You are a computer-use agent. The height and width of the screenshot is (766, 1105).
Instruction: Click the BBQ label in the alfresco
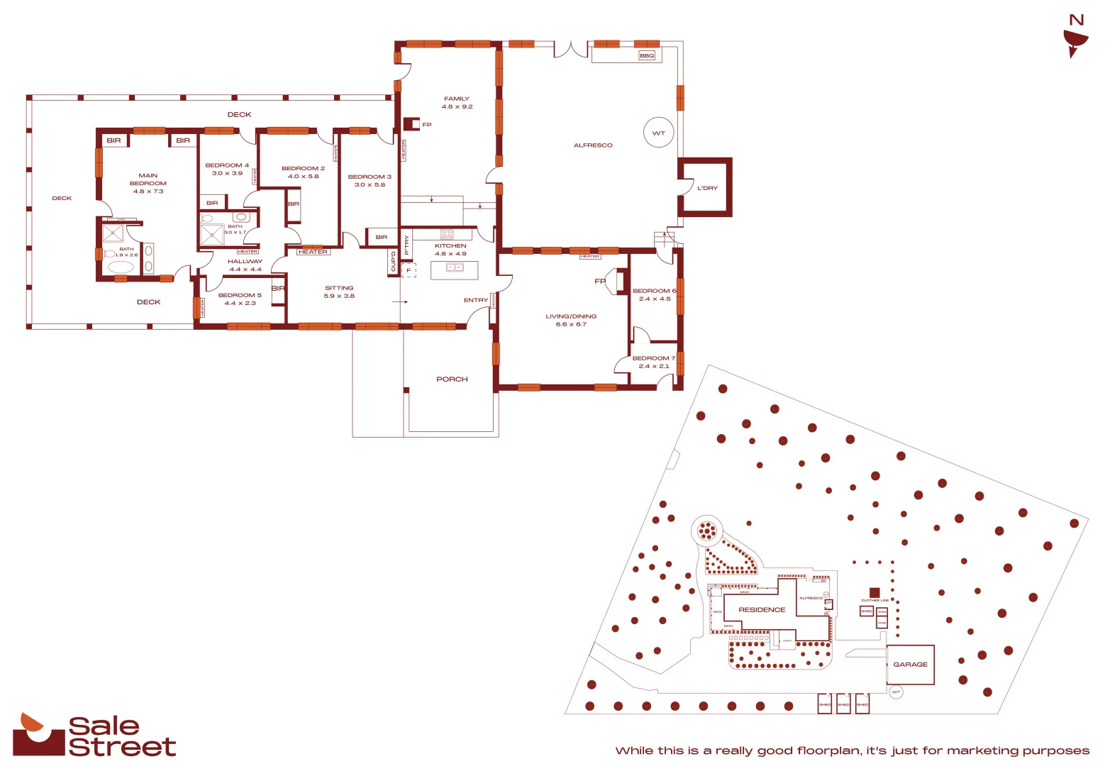coord(647,55)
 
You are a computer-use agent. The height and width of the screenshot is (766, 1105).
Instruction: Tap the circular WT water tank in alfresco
coord(659,133)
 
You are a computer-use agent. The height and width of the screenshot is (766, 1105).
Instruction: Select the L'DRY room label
coord(707,188)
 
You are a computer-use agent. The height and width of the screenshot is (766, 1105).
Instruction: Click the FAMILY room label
coord(457,99)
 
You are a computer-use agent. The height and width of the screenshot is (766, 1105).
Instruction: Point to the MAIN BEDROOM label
coord(148,183)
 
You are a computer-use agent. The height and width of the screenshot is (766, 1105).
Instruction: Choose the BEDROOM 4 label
coord(227,165)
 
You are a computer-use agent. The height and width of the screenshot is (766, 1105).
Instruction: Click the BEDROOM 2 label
coord(303,169)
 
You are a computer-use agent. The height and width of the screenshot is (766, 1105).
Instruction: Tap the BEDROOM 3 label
coord(370,177)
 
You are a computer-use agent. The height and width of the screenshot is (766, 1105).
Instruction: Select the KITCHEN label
coord(450,245)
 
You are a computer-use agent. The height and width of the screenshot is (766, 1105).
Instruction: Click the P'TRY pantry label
coord(406,244)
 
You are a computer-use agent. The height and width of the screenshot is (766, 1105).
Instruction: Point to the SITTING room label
coord(339,288)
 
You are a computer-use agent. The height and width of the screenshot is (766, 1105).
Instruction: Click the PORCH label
coord(452,379)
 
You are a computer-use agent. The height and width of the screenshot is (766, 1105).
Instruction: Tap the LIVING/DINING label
coord(571,316)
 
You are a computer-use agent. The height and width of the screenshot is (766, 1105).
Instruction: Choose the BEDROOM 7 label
coord(653,358)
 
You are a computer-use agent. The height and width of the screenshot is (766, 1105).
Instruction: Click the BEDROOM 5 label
coord(240,295)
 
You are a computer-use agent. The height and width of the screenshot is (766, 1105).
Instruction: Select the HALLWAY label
coord(245,261)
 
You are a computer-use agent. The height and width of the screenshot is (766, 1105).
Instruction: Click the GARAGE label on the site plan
coord(910,665)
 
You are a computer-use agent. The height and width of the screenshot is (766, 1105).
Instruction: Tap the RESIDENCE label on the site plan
coord(762,610)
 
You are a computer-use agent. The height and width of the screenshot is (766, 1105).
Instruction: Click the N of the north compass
coord(1077,20)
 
